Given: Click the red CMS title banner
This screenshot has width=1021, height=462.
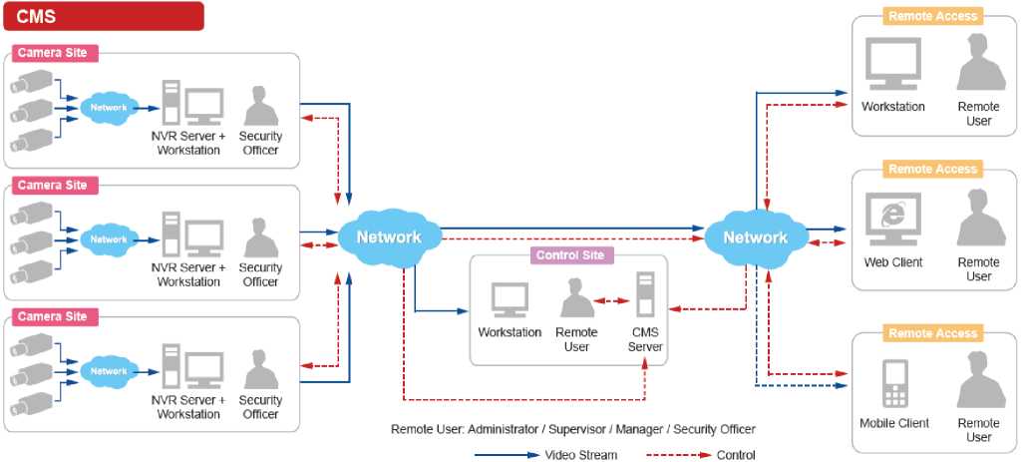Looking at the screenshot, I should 104,16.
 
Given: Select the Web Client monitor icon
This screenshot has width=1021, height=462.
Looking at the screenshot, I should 892,220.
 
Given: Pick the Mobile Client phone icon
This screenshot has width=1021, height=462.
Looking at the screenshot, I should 893,383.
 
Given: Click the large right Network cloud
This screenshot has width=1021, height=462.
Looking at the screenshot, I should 755,237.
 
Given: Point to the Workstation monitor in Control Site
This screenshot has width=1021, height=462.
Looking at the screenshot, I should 510,300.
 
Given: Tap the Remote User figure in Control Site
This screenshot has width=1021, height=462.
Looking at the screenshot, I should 576,298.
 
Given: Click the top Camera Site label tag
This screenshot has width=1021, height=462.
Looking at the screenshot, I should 53,53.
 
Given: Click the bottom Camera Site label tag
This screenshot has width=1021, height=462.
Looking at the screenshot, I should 53,316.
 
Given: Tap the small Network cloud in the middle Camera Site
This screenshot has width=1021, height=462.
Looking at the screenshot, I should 109,239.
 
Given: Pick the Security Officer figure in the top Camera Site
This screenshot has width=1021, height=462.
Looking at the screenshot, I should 260,107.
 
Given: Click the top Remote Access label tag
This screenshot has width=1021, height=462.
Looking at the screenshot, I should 933,16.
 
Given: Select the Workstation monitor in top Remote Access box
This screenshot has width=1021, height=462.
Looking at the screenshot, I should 892,65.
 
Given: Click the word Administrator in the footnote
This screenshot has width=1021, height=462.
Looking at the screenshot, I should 508,429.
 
